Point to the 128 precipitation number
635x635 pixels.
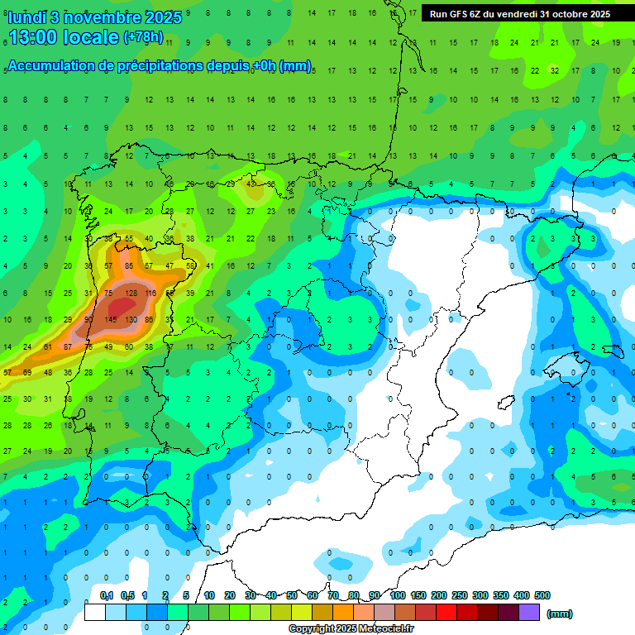pos(130,293)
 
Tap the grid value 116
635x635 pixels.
pos(150,293)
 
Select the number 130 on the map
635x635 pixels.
pos(130,320)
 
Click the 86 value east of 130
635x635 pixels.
pos(150,320)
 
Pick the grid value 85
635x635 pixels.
pos(129,265)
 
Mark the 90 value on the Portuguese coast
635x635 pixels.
pos(88,320)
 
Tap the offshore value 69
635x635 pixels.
pos(27,373)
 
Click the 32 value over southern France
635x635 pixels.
pos(555,71)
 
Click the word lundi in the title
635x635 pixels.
pos(26,17)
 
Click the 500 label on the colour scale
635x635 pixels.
pos(542,595)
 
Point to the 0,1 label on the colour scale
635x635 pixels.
pos(107,595)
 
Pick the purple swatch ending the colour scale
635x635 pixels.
pos(529,612)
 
